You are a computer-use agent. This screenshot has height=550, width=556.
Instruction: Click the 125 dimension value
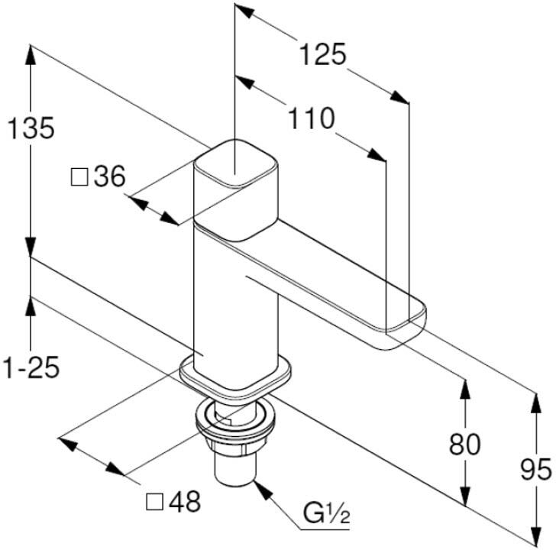point(322,54)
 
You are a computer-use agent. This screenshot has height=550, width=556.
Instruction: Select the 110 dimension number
point(312,118)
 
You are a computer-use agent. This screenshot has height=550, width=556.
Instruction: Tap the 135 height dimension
point(31,128)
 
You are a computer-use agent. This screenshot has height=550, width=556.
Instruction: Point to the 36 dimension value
point(109,176)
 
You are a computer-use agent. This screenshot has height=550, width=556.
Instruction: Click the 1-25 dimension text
point(31,367)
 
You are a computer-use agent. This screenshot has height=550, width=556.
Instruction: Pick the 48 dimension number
point(184,501)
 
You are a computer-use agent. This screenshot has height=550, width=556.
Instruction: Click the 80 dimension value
point(464,445)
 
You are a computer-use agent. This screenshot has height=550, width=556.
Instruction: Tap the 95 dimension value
point(536,469)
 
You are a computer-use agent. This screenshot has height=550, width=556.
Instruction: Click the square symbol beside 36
point(79,177)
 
